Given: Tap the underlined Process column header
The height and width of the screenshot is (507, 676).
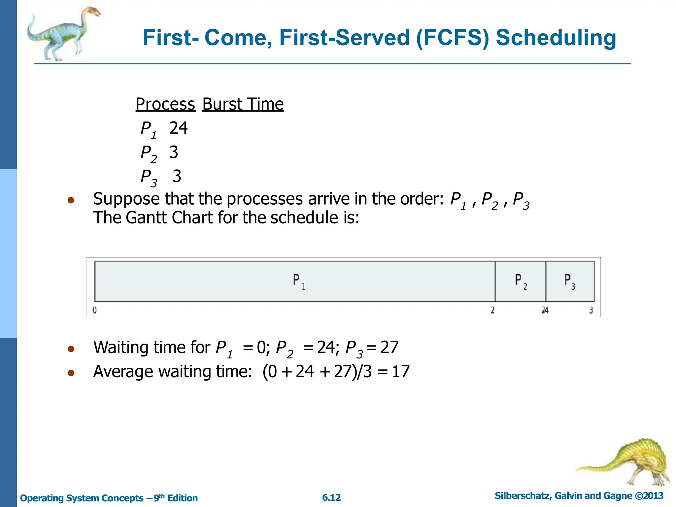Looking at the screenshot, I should pos(165,104).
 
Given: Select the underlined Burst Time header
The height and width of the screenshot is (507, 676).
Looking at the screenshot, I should pos(243,104).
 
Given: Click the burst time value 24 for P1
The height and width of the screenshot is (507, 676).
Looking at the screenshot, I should pos(178,128).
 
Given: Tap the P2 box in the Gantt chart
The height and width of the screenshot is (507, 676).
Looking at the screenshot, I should pos(521,281).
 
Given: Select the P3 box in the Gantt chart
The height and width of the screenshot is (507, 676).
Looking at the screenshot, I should pos(570,281).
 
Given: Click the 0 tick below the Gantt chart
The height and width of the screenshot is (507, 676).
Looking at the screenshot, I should pos(95,310).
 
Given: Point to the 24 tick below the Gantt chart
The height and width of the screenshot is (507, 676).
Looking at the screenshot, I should pos(545,310).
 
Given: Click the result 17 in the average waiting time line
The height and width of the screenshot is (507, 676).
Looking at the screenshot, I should pos(401,372).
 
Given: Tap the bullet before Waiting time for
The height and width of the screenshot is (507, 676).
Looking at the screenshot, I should pos(71,349).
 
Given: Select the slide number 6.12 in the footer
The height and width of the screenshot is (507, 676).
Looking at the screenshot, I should pos(331,497).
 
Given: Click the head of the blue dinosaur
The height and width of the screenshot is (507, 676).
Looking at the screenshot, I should pos(93,13).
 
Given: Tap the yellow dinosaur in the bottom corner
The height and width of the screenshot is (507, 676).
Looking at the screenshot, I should pos(634,462).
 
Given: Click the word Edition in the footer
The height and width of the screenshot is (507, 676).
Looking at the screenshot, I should pos(182,498).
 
